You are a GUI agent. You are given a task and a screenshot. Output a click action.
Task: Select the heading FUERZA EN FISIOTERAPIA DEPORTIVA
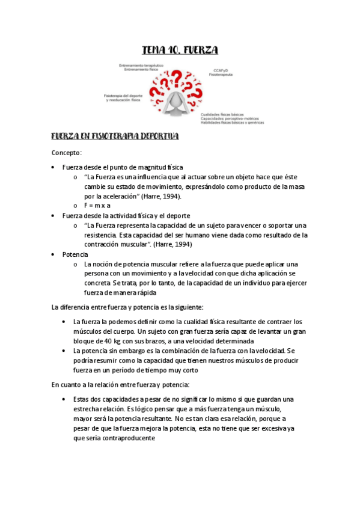(115, 137)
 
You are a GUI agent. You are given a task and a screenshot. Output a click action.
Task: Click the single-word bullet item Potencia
(75, 254)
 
